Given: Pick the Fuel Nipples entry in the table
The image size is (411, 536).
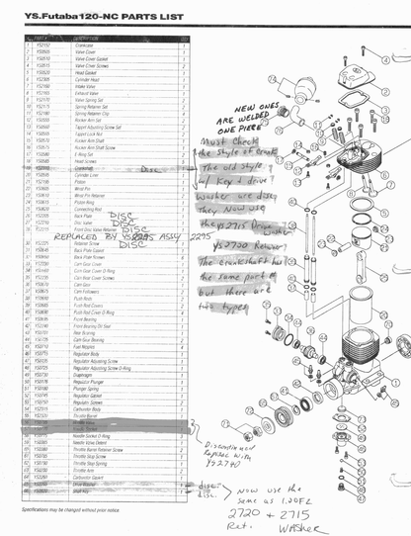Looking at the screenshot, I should [86, 347].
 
